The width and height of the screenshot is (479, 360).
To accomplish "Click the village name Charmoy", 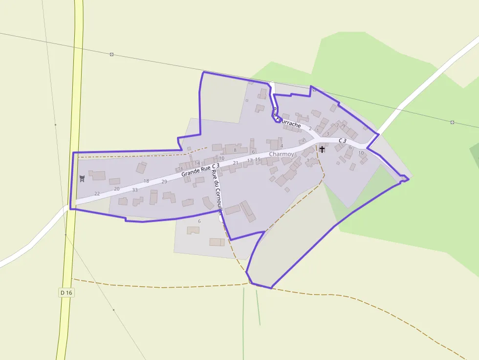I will coord(282,154).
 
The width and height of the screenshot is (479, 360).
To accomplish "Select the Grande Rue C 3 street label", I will coord(200,170).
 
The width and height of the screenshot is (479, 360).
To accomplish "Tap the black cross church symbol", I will coord(322,148).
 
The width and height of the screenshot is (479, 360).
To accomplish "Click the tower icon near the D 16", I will coord(82,179).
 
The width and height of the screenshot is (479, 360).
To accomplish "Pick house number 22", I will coord(97,194).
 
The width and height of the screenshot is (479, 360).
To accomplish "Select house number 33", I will coord(135,190).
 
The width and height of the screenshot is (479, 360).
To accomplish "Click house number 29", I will coord(164,182).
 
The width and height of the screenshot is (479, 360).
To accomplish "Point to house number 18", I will coord(146,181).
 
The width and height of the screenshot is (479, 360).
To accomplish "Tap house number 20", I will coord(116,189).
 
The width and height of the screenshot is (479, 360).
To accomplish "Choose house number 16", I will coord(180,169).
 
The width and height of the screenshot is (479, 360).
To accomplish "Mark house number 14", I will coord(197,163).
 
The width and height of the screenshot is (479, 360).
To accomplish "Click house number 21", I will coord(236,163).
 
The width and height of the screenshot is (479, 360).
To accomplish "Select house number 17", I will coord(250,160).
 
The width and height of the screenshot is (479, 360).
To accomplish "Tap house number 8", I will coord(235,150).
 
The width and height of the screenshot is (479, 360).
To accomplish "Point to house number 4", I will coord(282,146).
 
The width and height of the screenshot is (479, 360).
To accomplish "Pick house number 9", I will coord(344,126).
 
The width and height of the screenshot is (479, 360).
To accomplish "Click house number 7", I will coord(337,126).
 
